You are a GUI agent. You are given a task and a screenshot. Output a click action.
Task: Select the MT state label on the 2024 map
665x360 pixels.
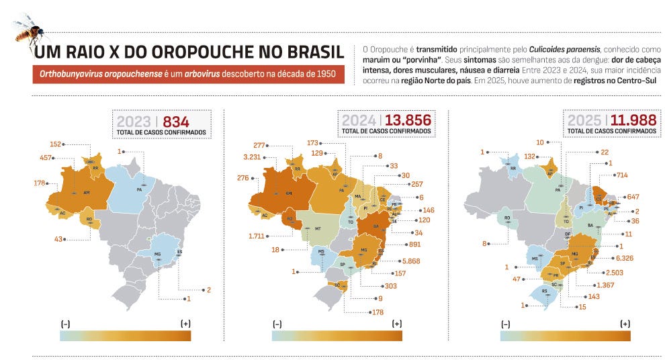pos(318,229)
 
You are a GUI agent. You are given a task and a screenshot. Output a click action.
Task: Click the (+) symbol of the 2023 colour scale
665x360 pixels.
pos(185,324)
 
